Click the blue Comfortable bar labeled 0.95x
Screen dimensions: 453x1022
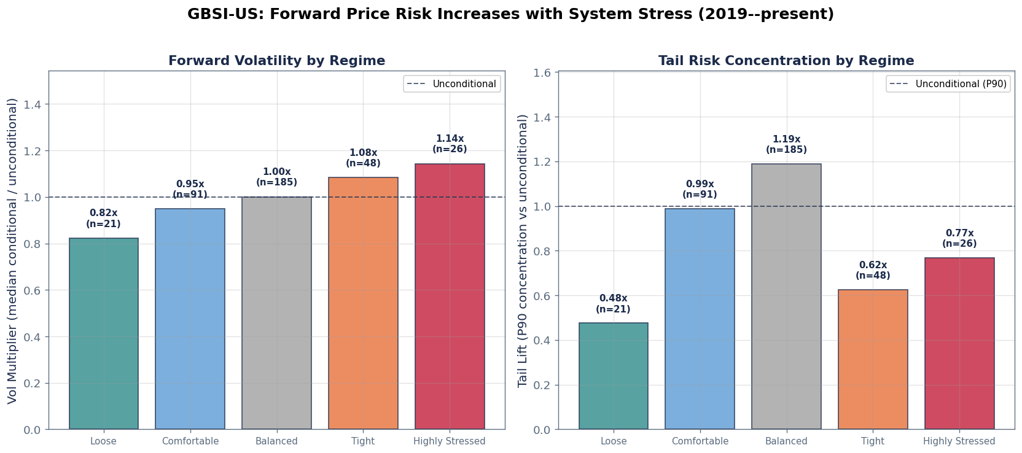click(190, 319)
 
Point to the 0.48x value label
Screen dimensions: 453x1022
click(613, 299)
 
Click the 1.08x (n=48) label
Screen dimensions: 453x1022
click(363, 158)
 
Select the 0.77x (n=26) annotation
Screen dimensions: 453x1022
click(959, 238)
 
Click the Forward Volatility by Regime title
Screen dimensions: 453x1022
click(276, 61)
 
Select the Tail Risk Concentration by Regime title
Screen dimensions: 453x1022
click(786, 61)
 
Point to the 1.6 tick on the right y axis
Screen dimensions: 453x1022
click(542, 72)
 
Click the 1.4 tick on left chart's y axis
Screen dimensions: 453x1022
click(32, 104)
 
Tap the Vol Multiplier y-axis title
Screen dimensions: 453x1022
click(13, 250)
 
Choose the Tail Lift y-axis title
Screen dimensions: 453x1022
click(523, 250)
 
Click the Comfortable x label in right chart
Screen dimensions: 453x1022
click(700, 441)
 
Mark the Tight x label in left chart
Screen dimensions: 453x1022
click(363, 441)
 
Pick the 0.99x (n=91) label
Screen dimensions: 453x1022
click(700, 189)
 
